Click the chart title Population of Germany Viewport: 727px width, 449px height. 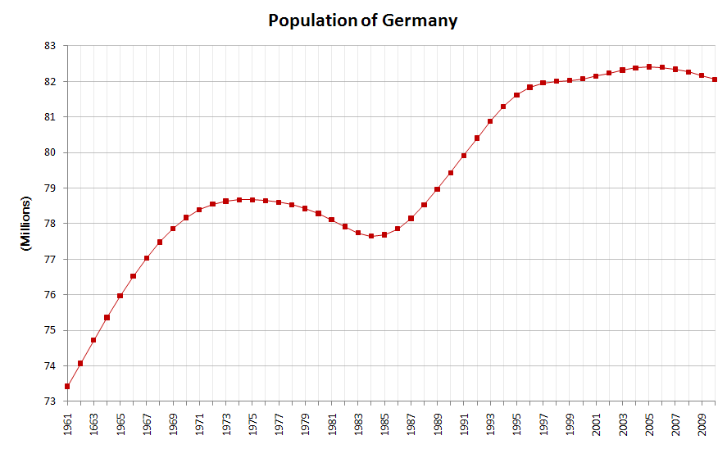[363, 20]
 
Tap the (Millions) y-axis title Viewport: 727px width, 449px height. [25, 224]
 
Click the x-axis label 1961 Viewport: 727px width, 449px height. [67, 425]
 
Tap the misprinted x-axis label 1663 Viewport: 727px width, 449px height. [93, 425]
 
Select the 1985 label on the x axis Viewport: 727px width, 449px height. [384, 425]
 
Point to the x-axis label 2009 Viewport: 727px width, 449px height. [702, 425]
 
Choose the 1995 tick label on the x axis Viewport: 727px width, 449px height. [517, 425]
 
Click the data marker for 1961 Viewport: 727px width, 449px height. [67, 386]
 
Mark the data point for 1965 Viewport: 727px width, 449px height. [120, 295]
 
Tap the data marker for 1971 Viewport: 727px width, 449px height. [199, 210]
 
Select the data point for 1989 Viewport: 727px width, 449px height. [438, 189]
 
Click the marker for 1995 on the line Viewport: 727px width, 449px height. [517, 95]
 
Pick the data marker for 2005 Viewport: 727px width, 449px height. [649, 66]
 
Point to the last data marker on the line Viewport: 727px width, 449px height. [716, 79]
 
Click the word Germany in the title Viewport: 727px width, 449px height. [420, 20]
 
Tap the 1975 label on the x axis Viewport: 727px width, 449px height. [252, 425]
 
